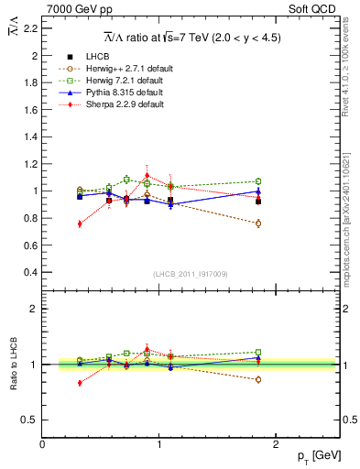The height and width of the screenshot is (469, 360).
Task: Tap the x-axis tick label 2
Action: coord(278,444)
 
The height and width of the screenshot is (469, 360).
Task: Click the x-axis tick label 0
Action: coord(43,444)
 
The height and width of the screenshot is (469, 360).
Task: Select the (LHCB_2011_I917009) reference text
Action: coord(190,274)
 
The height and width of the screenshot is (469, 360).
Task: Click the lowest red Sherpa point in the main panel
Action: coord(80,224)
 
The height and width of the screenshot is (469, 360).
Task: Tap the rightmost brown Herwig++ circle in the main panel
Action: coord(258,224)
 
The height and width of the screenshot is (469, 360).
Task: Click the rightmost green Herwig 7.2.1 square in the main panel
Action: coord(258,181)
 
